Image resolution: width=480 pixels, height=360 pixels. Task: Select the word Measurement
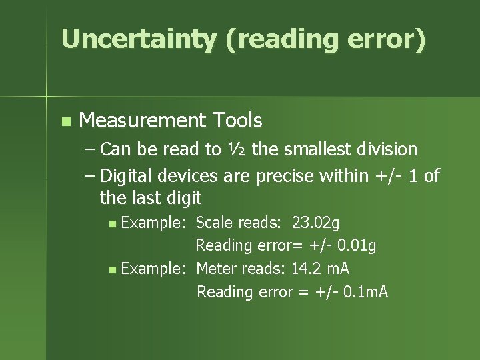tap(143, 121)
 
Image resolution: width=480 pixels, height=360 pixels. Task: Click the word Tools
tap(237, 121)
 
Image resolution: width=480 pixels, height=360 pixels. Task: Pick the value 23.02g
tap(316, 223)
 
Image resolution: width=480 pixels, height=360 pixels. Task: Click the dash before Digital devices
tap(91, 176)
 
